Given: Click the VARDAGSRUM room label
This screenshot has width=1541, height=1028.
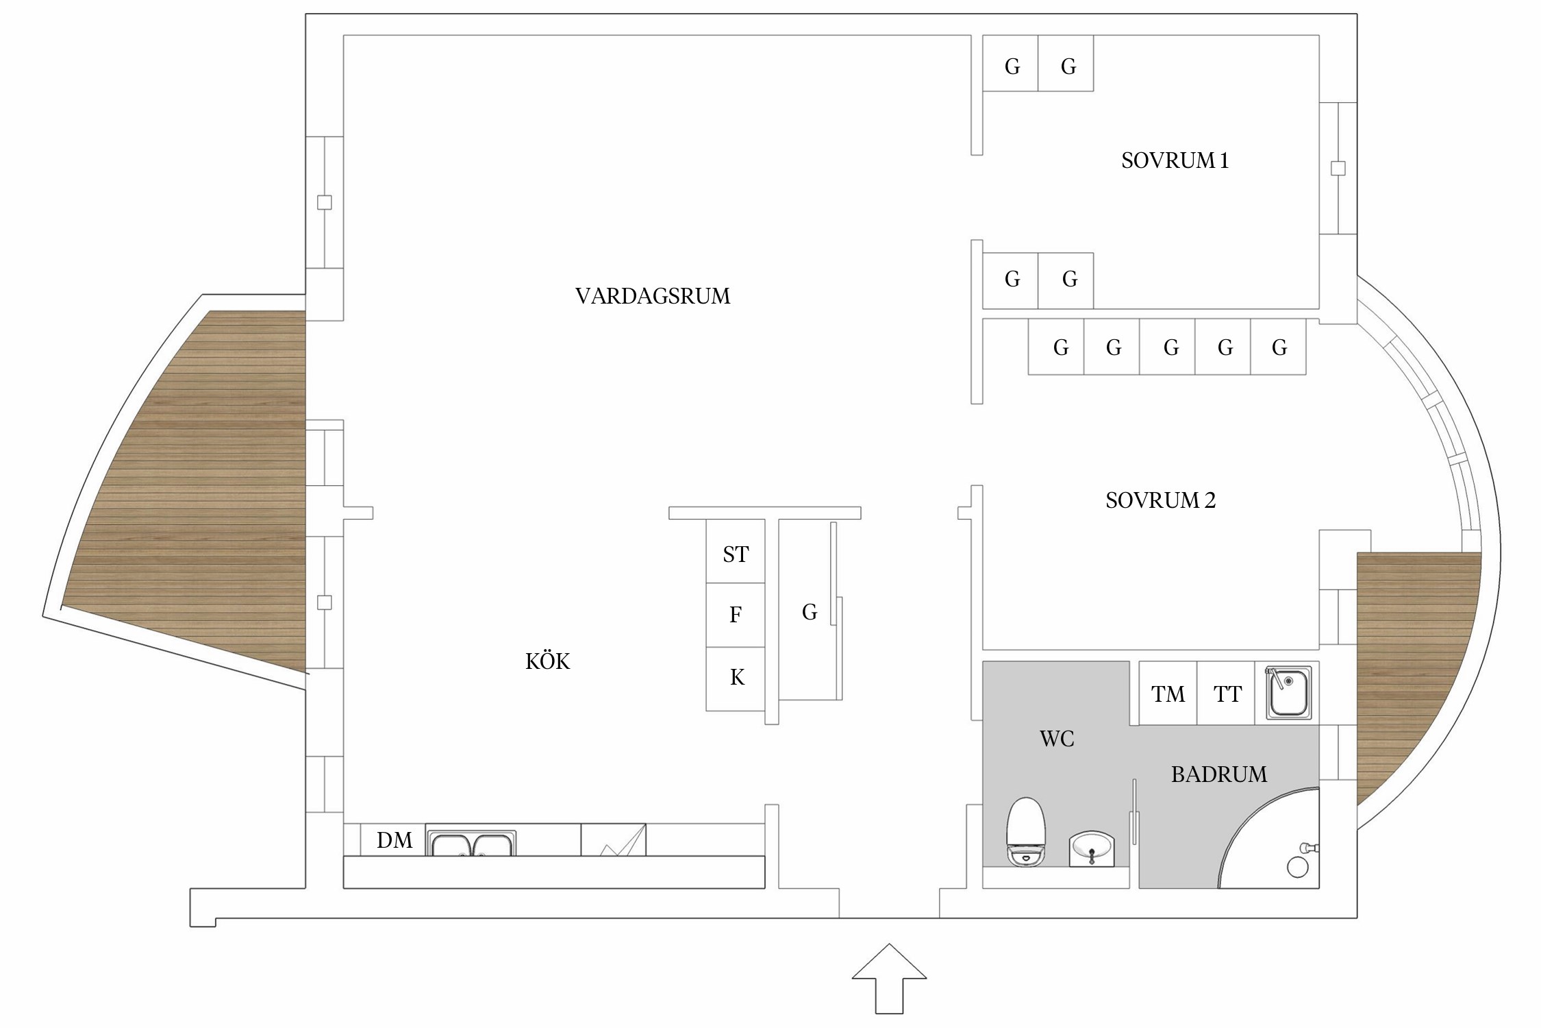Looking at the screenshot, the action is tap(653, 296).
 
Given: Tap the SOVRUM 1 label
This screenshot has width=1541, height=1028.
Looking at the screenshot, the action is tap(1175, 160).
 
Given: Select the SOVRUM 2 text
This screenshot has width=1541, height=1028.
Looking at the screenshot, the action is tap(1160, 500).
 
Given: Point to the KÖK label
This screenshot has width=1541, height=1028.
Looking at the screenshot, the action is tap(547, 661).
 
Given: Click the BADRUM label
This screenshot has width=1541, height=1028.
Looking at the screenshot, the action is tap(1218, 774).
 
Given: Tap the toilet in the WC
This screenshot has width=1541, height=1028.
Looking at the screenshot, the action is tap(1025, 831).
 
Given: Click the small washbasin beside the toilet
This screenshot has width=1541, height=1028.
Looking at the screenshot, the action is tap(1092, 848).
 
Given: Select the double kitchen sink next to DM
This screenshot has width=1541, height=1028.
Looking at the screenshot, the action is tap(471, 843).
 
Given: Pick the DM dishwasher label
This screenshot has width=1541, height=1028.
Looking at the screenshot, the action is tap(394, 840).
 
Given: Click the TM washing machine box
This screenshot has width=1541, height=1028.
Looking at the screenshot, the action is tap(1168, 693).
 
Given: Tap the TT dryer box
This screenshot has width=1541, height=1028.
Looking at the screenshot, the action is tap(1226, 693).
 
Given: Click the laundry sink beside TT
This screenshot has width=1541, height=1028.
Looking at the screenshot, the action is tap(1288, 692).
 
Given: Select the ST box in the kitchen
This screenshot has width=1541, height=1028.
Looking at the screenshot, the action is tap(735, 551).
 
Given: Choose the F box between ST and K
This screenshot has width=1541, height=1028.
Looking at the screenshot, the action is tap(735, 615).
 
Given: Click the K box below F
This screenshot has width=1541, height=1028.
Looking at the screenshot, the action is tap(735, 678).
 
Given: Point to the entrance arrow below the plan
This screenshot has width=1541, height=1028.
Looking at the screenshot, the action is tap(889, 979).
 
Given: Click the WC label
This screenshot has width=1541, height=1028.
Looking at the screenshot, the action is tap(1057, 739).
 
